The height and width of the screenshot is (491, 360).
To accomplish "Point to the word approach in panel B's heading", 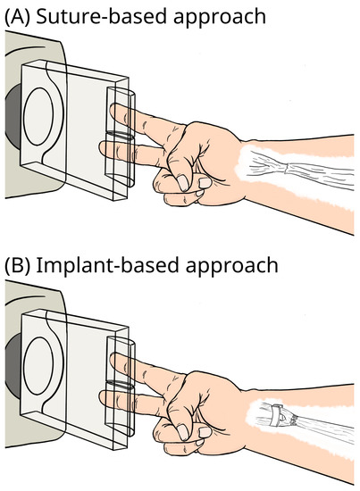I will pos(220,267).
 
